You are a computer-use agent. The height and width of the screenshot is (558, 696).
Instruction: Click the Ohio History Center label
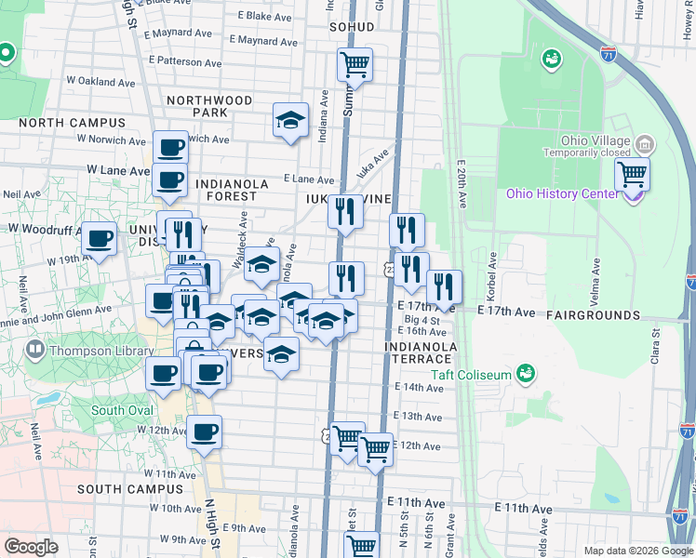tap(561, 193)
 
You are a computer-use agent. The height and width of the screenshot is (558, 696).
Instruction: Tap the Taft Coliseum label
tap(471, 375)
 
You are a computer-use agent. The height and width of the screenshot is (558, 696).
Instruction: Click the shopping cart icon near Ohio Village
tap(632, 173)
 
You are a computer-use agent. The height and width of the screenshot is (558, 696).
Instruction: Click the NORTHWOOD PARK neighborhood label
tap(209, 106)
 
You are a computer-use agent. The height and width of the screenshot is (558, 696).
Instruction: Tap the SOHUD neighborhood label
tap(352, 27)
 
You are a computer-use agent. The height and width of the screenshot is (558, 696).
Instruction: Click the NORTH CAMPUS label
tap(72, 123)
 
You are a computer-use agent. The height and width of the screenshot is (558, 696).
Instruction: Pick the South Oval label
tap(121, 410)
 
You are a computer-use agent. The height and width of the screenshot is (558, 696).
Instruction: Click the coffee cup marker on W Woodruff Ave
tap(99, 237)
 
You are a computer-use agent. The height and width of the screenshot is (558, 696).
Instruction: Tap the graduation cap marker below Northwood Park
tap(290, 119)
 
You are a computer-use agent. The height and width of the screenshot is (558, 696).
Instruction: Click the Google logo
tap(32, 547)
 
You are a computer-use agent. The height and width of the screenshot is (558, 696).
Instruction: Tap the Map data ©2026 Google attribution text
tap(637, 551)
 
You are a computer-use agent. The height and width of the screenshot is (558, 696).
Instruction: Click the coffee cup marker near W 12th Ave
tap(204, 432)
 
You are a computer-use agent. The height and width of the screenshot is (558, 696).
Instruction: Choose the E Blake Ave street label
tap(266, 16)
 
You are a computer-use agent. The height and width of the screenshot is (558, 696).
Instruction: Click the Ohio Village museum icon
tap(644, 144)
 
